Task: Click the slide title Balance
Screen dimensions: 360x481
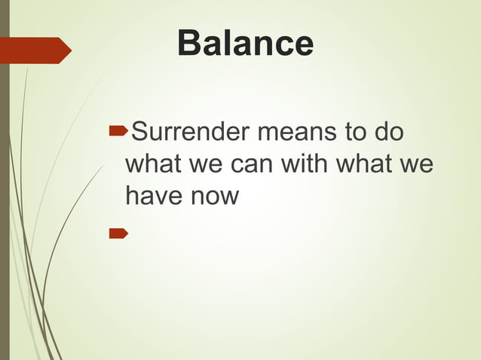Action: coord(245,44)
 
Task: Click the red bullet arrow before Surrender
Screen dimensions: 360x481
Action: coord(118,133)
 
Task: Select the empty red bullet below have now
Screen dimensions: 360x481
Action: coord(118,233)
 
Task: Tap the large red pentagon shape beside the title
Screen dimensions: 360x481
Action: coord(34,50)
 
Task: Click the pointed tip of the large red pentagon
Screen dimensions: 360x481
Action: coord(69,50)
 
